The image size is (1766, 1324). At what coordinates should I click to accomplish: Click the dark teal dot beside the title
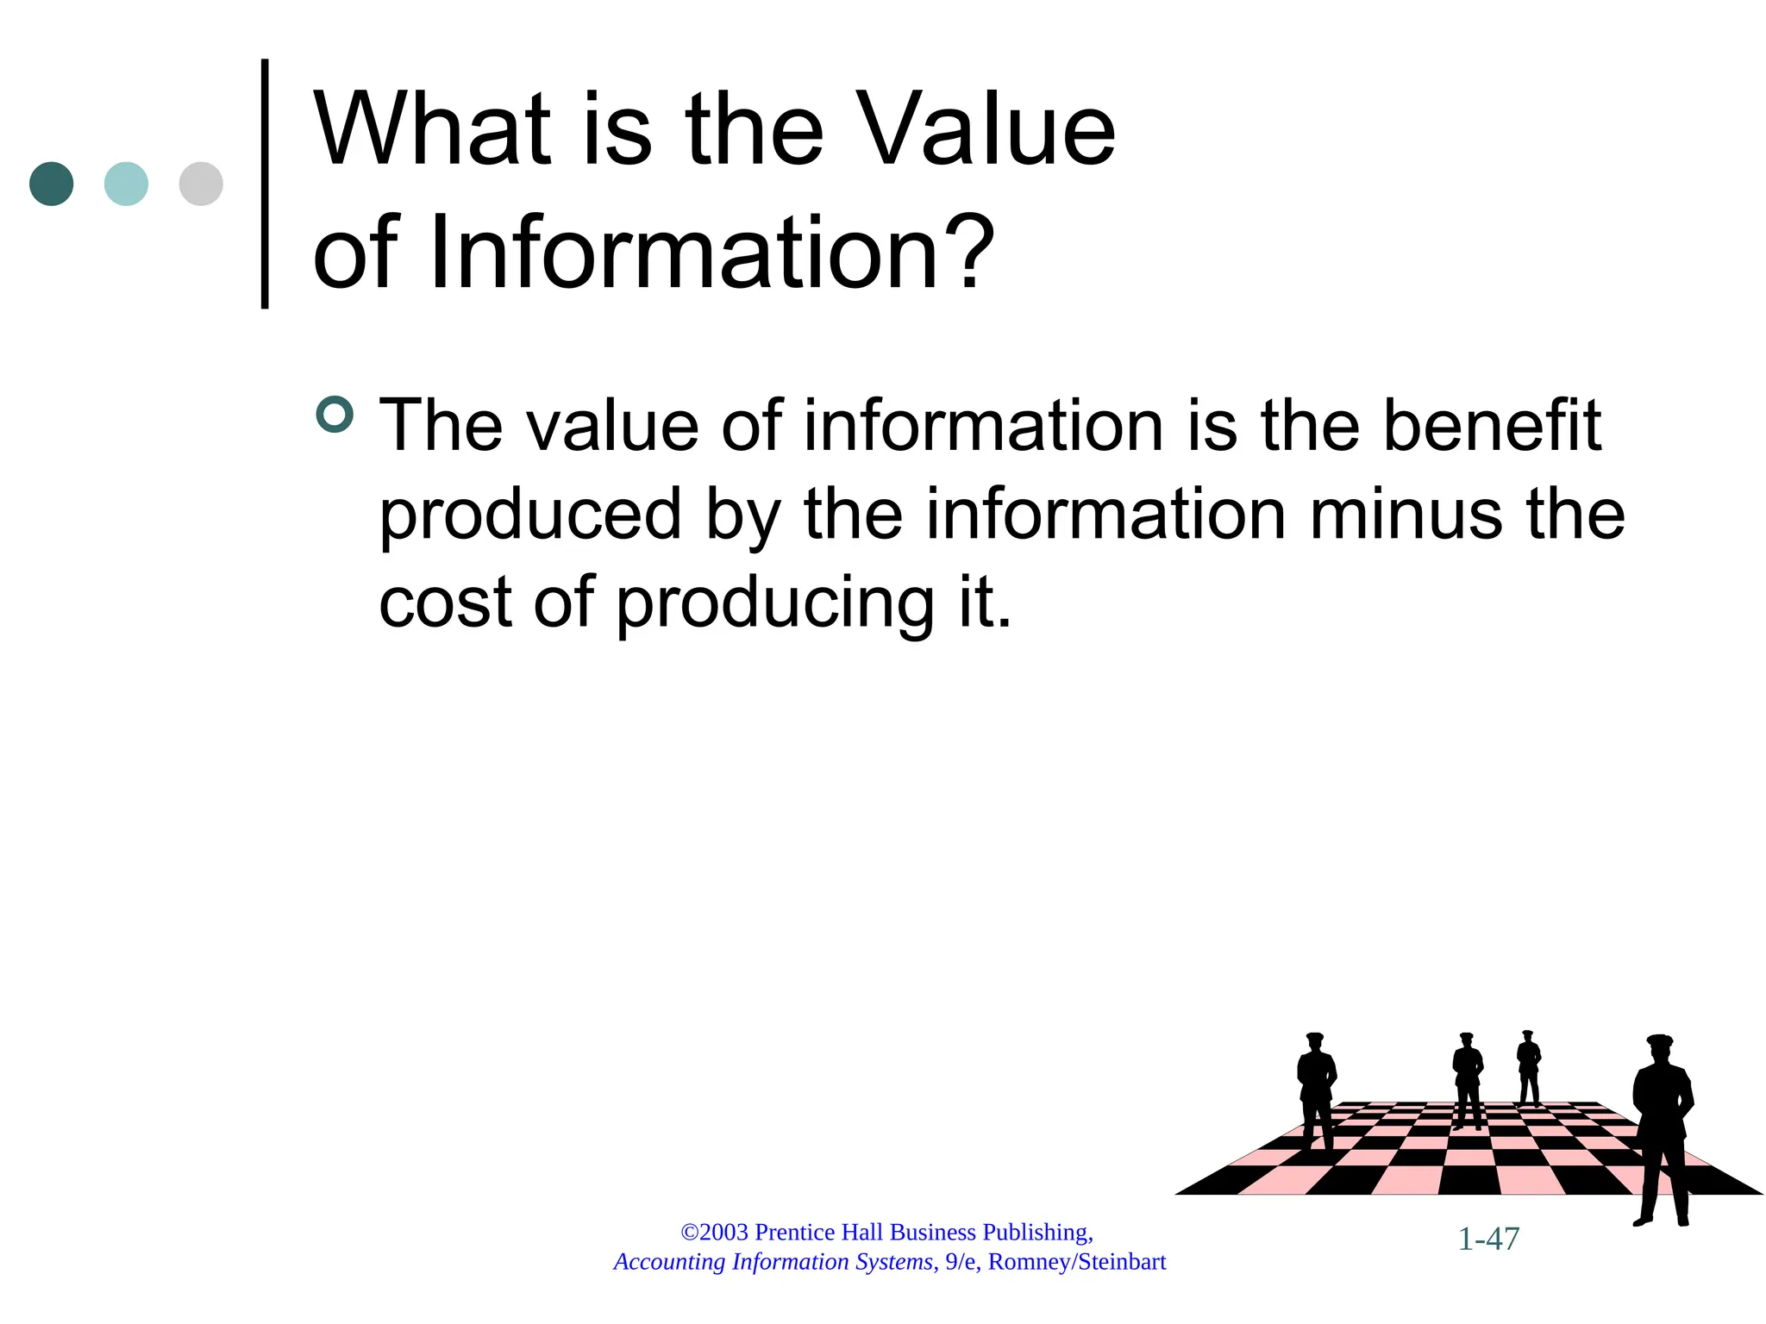click(51, 184)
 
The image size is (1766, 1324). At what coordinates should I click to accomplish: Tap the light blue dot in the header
click(126, 184)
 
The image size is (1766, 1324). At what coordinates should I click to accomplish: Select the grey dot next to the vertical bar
click(201, 184)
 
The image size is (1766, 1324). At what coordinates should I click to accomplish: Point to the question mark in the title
click(969, 253)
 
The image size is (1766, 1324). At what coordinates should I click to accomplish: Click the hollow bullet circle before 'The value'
click(335, 415)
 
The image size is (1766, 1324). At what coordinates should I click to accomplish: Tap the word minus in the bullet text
click(1407, 515)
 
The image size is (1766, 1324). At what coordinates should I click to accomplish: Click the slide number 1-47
click(1488, 1239)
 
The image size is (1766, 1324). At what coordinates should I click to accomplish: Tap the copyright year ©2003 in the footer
click(715, 1232)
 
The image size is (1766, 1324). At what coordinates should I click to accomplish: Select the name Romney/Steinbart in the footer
click(1077, 1262)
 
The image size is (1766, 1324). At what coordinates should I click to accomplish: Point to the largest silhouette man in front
click(1662, 1129)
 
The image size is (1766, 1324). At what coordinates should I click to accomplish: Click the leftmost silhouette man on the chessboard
click(1316, 1090)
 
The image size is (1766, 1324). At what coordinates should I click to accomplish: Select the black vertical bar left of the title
click(265, 183)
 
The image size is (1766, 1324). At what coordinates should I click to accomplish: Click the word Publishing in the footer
click(1037, 1232)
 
